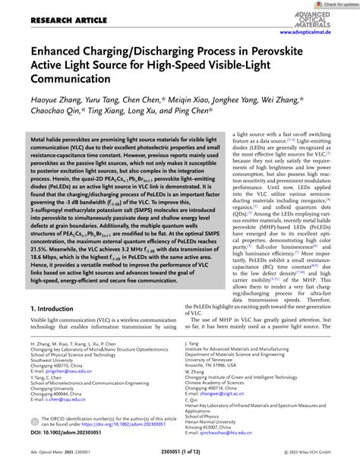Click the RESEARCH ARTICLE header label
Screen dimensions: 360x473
tap(58, 20)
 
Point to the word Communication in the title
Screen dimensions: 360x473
tap(72, 78)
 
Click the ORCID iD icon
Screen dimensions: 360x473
tap(35, 440)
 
